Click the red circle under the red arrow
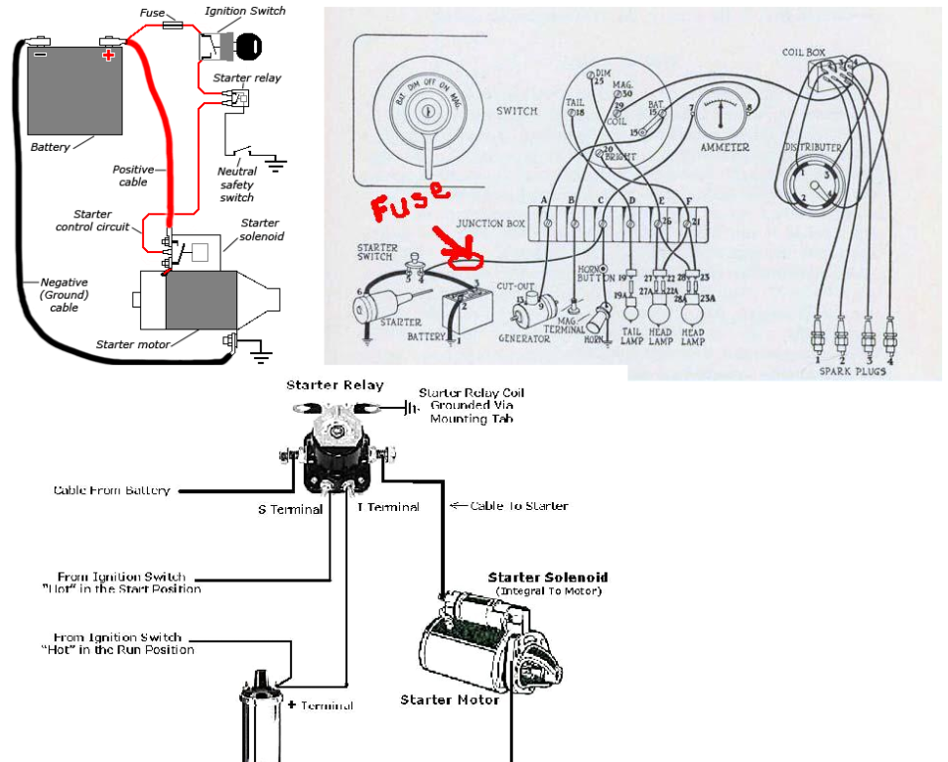click(x=464, y=261)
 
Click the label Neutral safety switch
click(x=237, y=185)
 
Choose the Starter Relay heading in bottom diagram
click(x=335, y=385)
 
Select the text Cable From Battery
click(x=111, y=490)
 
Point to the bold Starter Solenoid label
click(x=547, y=577)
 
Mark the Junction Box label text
click(x=491, y=224)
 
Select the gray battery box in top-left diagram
click(x=73, y=91)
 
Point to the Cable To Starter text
click(x=517, y=506)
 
